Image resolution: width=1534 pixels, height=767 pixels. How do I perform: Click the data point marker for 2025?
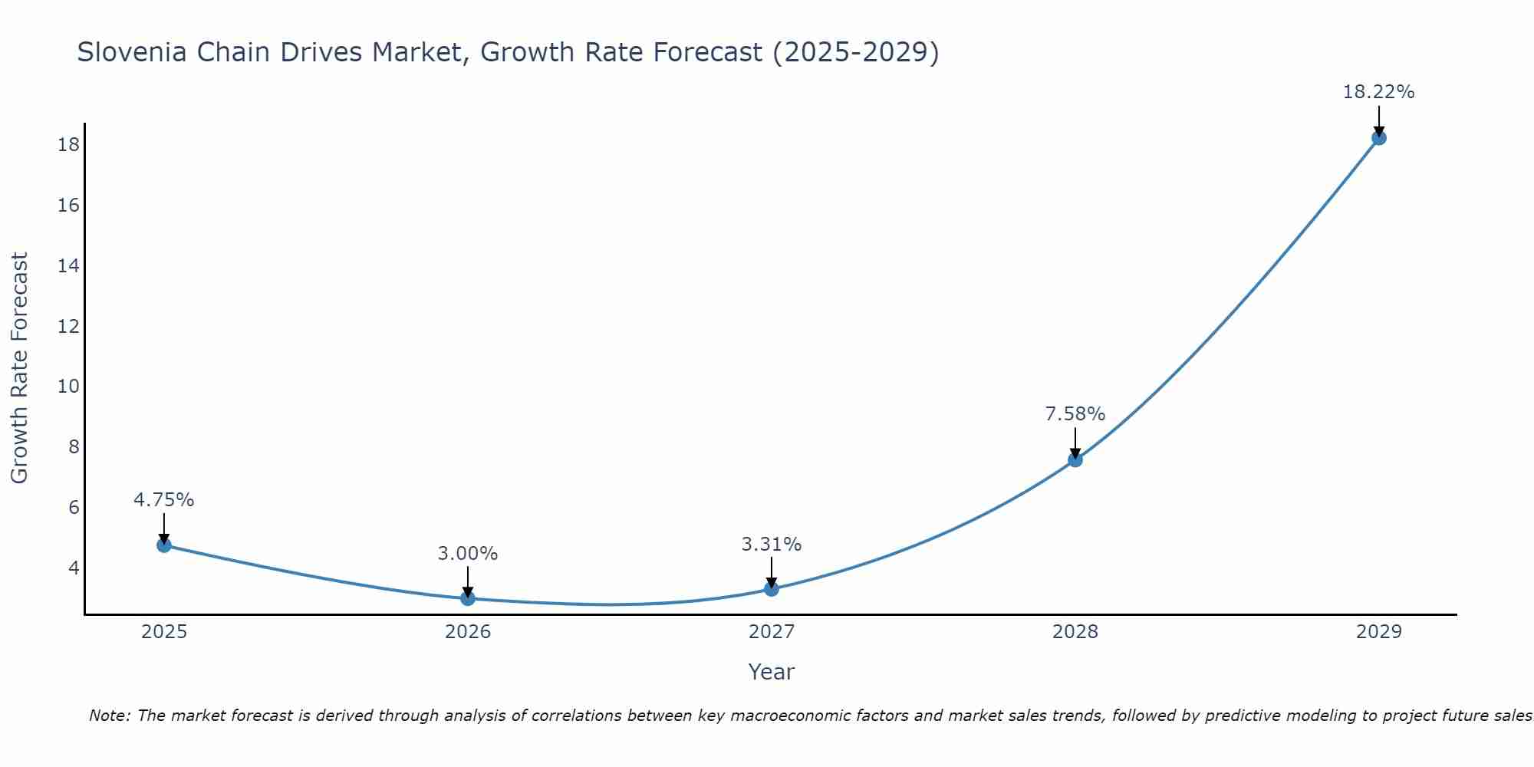[164, 545]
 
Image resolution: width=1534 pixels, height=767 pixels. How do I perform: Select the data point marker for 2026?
[468, 598]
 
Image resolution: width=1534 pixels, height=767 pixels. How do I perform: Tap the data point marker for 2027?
[772, 589]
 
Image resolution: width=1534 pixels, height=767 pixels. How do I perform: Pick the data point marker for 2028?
[1075, 460]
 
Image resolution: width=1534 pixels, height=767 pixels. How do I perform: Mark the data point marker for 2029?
[1378, 138]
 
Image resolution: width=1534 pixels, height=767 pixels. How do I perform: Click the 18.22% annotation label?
[1378, 93]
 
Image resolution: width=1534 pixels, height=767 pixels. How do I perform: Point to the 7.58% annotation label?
[1075, 414]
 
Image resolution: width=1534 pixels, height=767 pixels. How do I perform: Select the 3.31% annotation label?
[772, 545]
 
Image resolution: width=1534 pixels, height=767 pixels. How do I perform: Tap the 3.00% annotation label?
[468, 554]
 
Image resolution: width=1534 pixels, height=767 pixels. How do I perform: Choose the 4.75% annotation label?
[164, 500]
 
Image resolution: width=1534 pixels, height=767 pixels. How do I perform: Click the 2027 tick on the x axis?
[772, 632]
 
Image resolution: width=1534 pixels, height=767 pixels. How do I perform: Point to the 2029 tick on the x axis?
[1378, 632]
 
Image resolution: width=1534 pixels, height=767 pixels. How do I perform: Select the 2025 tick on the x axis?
[164, 632]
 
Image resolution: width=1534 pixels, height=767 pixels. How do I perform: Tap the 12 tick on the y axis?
[68, 326]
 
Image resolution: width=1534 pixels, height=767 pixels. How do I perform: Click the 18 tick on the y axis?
[68, 145]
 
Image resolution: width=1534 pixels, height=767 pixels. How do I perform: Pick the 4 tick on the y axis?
[74, 568]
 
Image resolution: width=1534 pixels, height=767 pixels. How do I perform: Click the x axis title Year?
[772, 672]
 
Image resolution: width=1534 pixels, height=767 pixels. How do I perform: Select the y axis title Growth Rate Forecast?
[20, 368]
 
